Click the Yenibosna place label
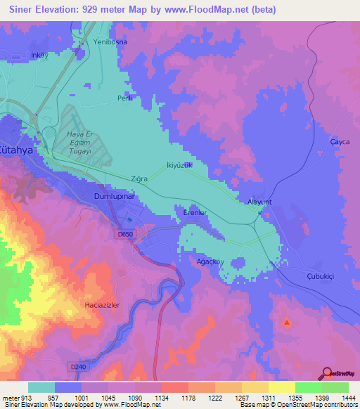(x=109, y=42)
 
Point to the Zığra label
(x=138, y=179)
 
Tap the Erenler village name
(x=193, y=211)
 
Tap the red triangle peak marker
(x=286, y=323)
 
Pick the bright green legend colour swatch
(x=308, y=387)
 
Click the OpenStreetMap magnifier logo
(x=327, y=372)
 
